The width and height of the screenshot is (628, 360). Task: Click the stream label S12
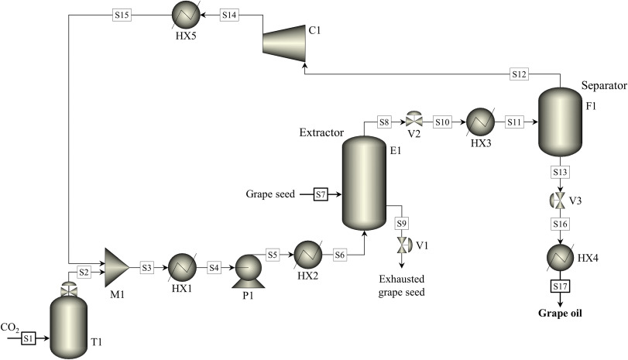pyautogui.click(x=520, y=74)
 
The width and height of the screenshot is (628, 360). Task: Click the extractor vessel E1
pyautogui.click(x=362, y=183)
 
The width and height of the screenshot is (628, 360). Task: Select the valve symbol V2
pyautogui.click(x=414, y=121)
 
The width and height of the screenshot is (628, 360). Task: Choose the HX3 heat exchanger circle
pyautogui.click(x=476, y=122)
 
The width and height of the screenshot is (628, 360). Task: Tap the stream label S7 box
pyautogui.click(x=321, y=194)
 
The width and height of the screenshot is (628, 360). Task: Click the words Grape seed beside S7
pyautogui.click(x=270, y=194)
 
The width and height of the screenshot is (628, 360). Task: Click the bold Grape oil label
pyautogui.click(x=560, y=314)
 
